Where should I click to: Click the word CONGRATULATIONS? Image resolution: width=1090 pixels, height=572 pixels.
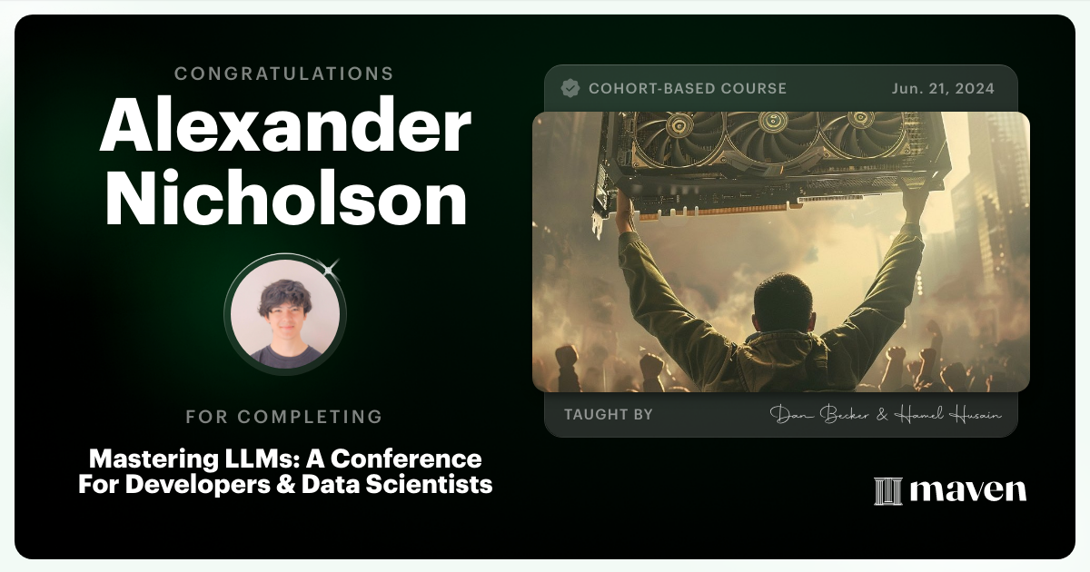pyautogui.click(x=284, y=74)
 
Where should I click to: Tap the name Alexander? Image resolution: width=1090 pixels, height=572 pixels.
pyautogui.click(x=284, y=128)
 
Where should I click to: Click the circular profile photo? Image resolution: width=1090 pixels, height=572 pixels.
pyautogui.click(x=284, y=314)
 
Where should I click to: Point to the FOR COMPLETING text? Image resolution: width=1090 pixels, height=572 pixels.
pyautogui.click(x=284, y=417)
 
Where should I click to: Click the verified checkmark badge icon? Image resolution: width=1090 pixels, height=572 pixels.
pyautogui.click(x=570, y=88)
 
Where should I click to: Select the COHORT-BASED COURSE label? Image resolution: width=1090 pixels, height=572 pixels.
pyautogui.click(x=688, y=88)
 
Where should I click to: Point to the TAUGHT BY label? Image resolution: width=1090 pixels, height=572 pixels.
pyautogui.click(x=608, y=414)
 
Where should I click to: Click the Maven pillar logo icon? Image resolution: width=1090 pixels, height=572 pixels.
pyautogui.click(x=887, y=490)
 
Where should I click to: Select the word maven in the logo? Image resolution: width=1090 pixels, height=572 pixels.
pyautogui.click(x=968, y=490)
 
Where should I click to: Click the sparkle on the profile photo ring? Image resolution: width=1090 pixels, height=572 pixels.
pyautogui.click(x=331, y=266)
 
